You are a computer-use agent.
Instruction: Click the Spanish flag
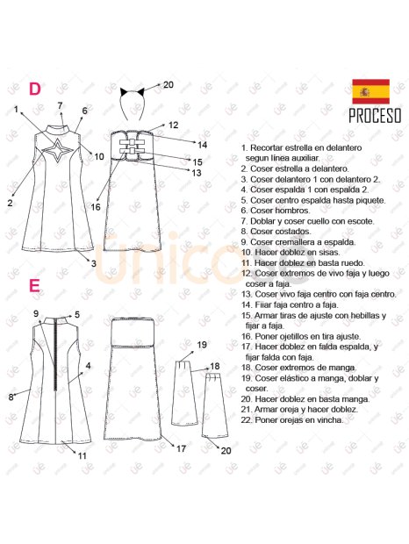tap(370, 91)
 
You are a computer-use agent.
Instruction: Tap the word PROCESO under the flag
tap(375, 116)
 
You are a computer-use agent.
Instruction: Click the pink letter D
tap(35, 89)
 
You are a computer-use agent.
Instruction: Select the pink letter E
tap(34, 286)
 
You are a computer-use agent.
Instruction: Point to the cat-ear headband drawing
tap(133, 101)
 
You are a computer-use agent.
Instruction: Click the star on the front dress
tap(58, 150)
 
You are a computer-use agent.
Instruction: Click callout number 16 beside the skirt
tap(96, 207)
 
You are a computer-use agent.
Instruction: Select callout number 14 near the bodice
tap(202, 145)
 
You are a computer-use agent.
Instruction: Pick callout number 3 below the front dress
tap(94, 264)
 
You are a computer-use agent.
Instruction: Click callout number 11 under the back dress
tap(82, 455)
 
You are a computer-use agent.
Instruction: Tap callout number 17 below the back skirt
tap(181, 449)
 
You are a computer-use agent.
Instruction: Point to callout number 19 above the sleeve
tap(202, 345)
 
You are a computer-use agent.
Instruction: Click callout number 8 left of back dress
tap(11, 397)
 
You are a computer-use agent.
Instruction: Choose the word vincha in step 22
tap(331, 419)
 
